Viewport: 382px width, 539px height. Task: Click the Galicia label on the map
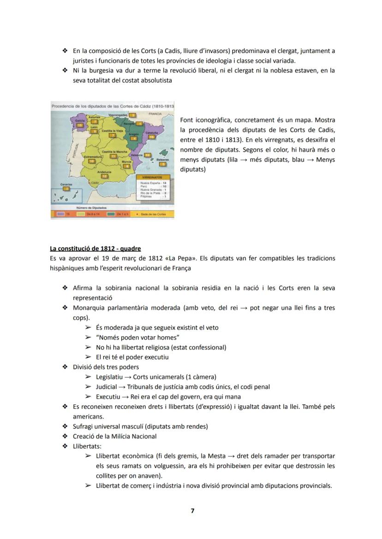[x=79, y=119]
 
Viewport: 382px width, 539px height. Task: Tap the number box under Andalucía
[x=105, y=176]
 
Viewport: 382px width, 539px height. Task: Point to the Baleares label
[x=163, y=160]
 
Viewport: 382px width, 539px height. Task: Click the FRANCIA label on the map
[x=155, y=113]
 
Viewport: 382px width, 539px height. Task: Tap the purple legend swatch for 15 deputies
[x=60, y=214]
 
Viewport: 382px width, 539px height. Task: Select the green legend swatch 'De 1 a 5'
[x=111, y=214]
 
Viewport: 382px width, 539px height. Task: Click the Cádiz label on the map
[x=95, y=183]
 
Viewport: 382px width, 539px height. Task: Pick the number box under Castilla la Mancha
[x=113, y=156]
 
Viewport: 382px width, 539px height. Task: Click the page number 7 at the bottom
[x=192, y=511]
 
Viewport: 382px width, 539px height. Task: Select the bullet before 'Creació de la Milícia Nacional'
[x=65, y=436]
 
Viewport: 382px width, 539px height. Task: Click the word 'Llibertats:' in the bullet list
[x=87, y=446]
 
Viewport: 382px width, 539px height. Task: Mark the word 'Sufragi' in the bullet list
[x=84, y=426]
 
